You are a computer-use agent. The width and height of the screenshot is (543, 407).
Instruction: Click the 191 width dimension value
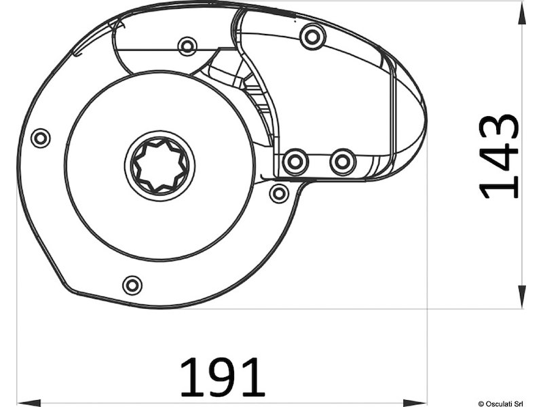(222, 377)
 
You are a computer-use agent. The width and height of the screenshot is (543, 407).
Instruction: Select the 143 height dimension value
(499, 157)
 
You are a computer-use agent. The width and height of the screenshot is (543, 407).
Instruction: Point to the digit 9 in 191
(222, 377)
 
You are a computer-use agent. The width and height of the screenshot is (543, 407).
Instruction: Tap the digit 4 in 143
(499, 157)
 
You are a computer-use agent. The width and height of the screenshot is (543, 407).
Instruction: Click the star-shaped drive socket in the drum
(160, 166)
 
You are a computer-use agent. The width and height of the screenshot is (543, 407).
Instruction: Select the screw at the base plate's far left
(41, 138)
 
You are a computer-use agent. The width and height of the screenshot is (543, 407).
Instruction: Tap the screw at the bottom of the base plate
(132, 285)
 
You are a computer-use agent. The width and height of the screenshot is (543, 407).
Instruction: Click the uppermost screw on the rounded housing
(312, 36)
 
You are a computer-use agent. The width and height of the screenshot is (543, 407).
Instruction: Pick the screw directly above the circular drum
(187, 46)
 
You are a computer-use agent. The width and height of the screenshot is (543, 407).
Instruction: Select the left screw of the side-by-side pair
(295, 161)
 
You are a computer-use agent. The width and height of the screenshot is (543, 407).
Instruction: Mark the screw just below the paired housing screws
(279, 193)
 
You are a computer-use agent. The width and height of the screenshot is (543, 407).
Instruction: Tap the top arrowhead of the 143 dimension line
(522, 15)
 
